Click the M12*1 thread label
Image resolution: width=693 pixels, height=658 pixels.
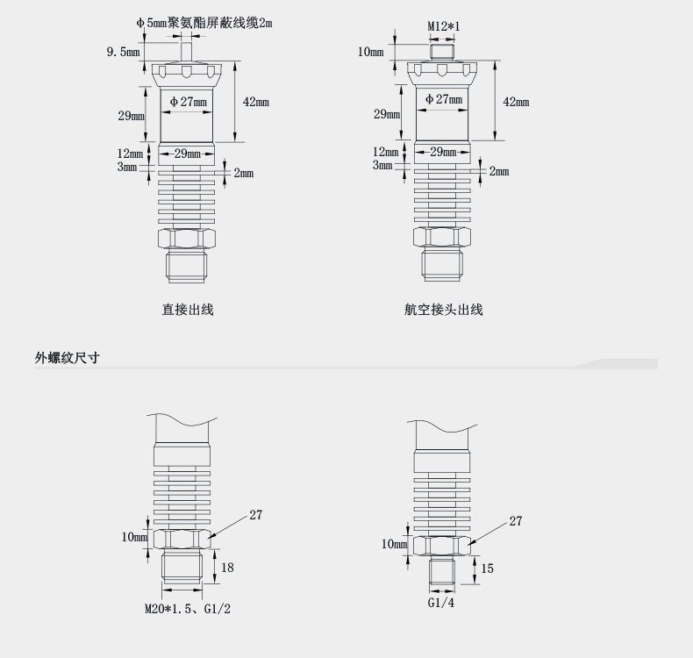pos(444,26)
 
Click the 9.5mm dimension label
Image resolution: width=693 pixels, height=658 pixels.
pos(124,52)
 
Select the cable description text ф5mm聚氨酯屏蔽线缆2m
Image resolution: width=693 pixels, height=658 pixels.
pos(204,23)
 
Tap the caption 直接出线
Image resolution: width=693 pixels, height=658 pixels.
pos(188,309)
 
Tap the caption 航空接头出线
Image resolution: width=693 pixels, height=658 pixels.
pos(443,309)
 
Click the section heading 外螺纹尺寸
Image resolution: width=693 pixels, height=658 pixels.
pos(67,357)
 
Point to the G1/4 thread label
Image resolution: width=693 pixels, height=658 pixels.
pos(441,603)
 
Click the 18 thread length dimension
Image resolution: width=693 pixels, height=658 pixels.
pos(227,568)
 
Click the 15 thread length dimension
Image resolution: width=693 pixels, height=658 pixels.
pos(487,569)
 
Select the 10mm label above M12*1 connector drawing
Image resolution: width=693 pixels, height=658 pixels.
pos(371,52)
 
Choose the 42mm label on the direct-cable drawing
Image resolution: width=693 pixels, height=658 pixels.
pos(256,102)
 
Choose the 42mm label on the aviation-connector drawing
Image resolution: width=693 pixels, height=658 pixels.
pos(516,102)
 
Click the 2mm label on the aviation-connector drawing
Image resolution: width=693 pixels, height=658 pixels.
pos(498,171)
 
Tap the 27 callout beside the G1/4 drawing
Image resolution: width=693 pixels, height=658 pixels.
pos(516,521)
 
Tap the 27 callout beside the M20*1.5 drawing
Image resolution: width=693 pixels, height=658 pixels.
pos(256,515)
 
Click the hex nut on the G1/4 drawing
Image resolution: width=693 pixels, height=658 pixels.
pos(442,546)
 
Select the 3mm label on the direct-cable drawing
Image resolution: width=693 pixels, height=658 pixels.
pos(128,166)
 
